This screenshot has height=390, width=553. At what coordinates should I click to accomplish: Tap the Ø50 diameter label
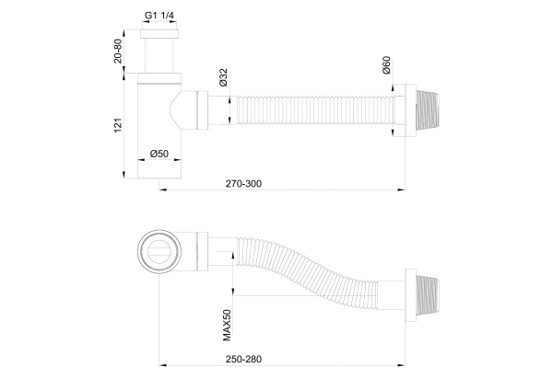pyautogui.click(x=159, y=154)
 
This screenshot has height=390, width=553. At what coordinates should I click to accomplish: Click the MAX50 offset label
pyautogui.click(x=227, y=324)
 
